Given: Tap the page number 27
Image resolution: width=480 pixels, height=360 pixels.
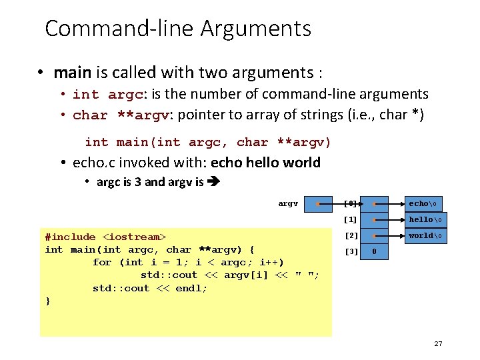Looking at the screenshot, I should click(438, 343).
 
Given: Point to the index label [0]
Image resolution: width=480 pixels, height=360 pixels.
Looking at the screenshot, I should click(351, 203).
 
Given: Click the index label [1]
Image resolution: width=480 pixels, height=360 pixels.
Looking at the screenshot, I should click(351, 219).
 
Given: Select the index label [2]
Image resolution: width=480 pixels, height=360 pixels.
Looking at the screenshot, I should click(351, 235).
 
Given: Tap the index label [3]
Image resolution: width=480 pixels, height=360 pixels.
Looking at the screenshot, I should click(351, 252).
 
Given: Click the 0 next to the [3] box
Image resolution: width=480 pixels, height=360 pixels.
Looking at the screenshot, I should click(375, 252).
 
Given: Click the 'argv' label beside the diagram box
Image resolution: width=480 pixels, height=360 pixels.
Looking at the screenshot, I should click(288, 203).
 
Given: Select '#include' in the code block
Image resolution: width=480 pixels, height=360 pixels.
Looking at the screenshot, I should click(70, 237).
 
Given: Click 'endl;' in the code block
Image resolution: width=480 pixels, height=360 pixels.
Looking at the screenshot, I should click(191, 288).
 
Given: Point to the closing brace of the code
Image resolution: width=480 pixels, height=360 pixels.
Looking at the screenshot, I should click(47, 301).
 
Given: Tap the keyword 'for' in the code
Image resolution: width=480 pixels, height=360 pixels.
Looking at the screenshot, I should click(102, 262).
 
